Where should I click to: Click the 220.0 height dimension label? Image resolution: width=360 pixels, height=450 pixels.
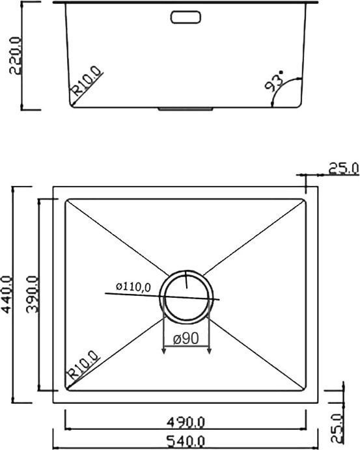click(x=15, y=55)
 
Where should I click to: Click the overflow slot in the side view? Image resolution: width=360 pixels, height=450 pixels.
click(x=187, y=17)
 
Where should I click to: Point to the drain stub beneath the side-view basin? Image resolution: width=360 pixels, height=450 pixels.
click(x=187, y=109)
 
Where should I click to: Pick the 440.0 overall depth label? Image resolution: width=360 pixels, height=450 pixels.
click(x=8, y=295)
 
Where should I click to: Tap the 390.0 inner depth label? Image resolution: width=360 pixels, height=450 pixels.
click(x=31, y=295)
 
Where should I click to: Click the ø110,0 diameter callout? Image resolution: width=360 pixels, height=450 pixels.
click(x=133, y=286)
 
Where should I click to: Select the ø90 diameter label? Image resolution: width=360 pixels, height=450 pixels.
click(x=186, y=339)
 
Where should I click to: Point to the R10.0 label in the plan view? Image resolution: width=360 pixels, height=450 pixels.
click(x=83, y=365)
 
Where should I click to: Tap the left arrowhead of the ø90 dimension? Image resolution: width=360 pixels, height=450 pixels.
click(x=163, y=351)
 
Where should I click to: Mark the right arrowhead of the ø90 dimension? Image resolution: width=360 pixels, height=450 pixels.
click(x=210, y=351)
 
